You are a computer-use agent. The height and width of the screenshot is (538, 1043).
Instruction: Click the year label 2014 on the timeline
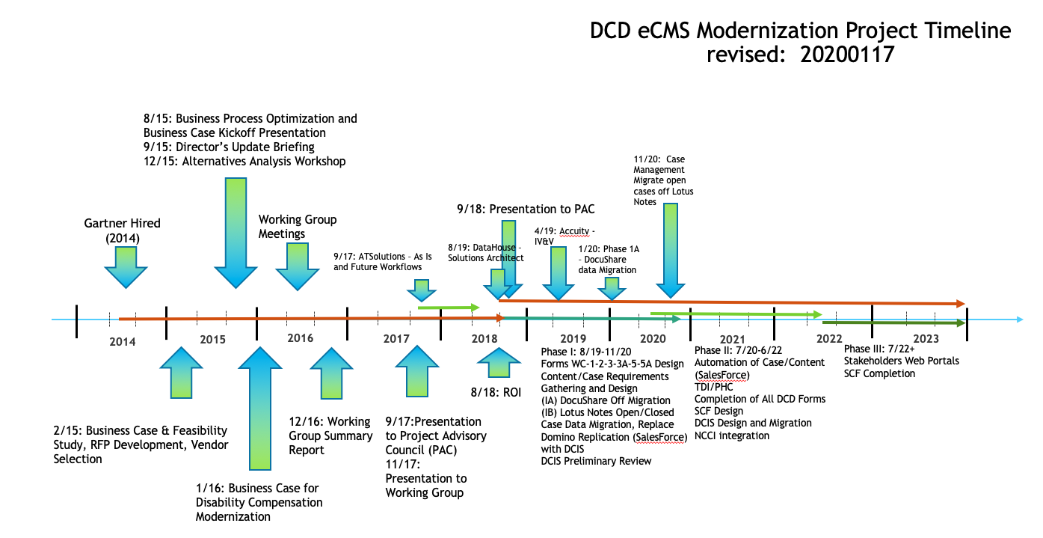point(123,342)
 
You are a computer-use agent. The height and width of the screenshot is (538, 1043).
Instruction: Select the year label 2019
point(573,339)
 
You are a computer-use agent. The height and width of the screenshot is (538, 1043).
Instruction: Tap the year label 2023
point(926,339)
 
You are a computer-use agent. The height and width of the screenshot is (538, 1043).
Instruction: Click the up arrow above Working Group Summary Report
point(330,373)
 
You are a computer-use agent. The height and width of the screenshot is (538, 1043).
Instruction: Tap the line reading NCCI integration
point(731,435)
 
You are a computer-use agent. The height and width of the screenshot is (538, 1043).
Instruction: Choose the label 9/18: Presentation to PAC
point(526,209)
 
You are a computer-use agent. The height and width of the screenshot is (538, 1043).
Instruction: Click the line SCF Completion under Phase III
point(879,373)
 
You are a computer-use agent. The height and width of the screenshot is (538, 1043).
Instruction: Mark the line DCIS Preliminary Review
point(596,461)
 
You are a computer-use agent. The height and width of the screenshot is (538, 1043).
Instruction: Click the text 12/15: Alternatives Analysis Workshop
point(244,161)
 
